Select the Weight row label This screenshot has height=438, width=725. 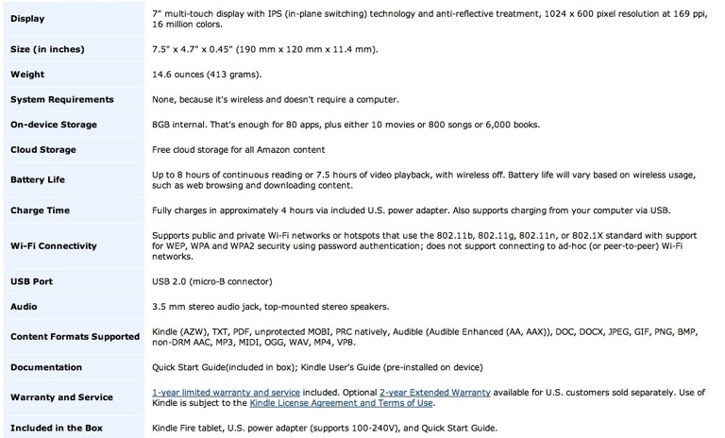29,75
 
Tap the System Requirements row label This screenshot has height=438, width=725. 62,99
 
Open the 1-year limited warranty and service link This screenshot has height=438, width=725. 227,392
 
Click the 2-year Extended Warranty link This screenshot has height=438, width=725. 434,392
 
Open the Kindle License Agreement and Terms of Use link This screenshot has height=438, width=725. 341,403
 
